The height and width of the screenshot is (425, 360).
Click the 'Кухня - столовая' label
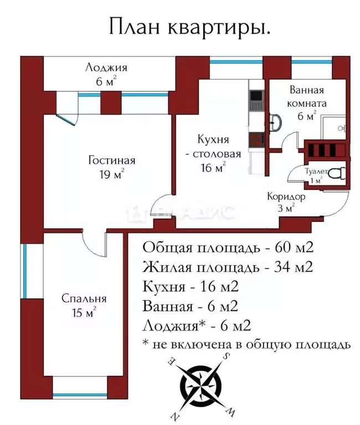[213, 147]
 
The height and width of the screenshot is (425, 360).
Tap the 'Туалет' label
[316, 172]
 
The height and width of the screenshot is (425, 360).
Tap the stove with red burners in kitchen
[256, 140]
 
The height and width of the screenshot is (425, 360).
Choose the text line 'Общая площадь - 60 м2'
[231, 247]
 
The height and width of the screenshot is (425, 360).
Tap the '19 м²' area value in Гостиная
[111, 175]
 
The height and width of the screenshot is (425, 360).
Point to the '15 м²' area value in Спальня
[84, 313]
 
